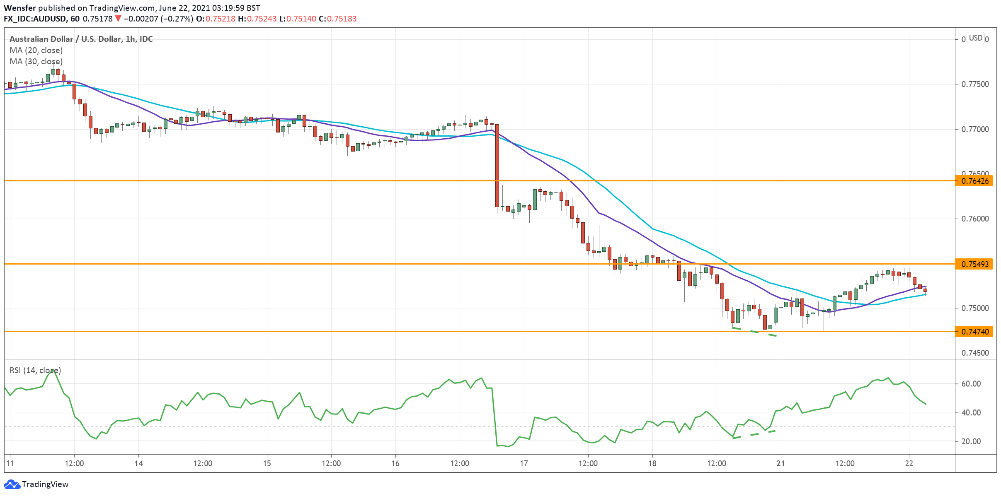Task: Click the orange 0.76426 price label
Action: pyautogui.click(x=974, y=181)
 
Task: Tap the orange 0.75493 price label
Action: pyautogui.click(x=974, y=264)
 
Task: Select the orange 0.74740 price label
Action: pyautogui.click(x=974, y=332)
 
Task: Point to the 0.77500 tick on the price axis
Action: pyautogui.click(x=975, y=84)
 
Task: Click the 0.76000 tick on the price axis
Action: pyautogui.click(x=975, y=219)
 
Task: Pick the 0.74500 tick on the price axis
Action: pyautogui.click(x=975, y=353)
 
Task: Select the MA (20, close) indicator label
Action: pyautogui.click(x=36, y=50)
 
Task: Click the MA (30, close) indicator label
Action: pyautogui.click(x=36, y=61)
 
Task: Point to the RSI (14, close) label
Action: pyautogui.click(x=35, y=370)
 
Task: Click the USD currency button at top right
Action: pyautogui.click(x=975, y=38)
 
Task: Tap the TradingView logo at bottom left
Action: pyautogui.click(x=36, y=484)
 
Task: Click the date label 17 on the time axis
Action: pyautogui.click(x=524, y=463)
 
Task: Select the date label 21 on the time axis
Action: pyautogui.click(x=780, y=463)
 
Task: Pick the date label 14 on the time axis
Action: pyautogui.click(x=138, y=463)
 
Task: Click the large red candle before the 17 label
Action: pyautogui.click(x=497, y=166)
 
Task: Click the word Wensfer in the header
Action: pyautogui.click(x=20, y=8)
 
